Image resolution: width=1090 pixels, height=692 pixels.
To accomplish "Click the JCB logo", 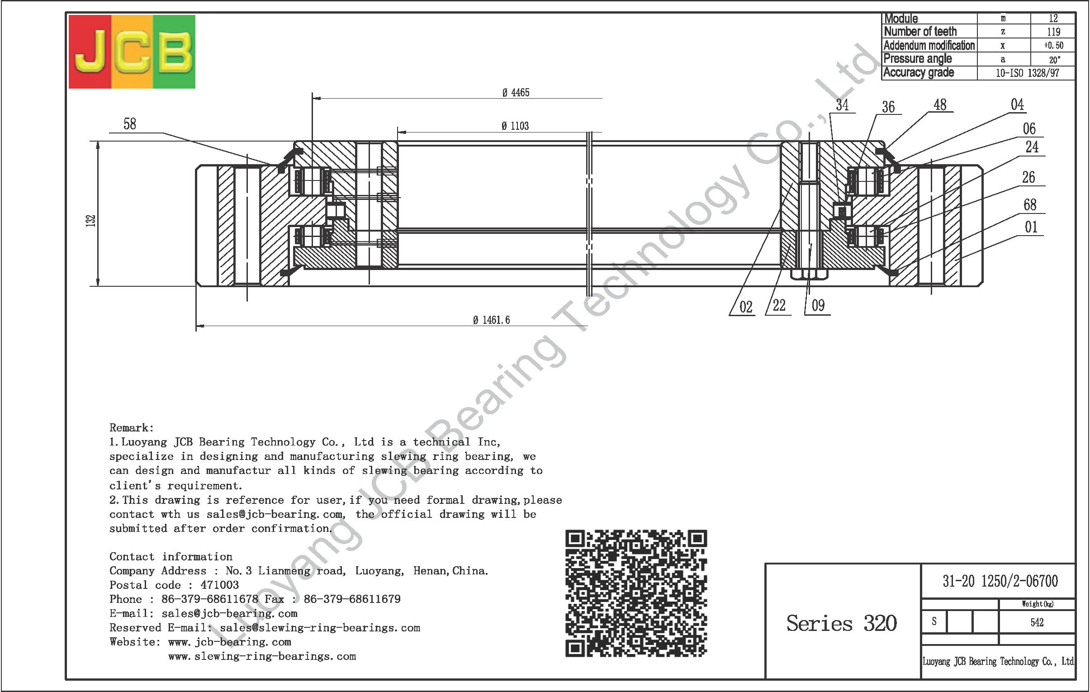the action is click(132, 52).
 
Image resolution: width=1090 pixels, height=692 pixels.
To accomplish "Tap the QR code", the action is click(636, 593).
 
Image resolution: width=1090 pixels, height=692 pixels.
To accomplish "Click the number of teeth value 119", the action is click(1053, 32).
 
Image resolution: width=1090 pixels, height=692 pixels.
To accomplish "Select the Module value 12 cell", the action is click(1053, 19).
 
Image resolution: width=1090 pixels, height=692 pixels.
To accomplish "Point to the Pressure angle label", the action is click(918, 59).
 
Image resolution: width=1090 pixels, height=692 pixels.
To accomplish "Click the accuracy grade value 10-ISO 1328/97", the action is click(1027, 73).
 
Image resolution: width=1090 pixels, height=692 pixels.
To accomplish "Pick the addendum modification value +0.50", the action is click(1053, 45).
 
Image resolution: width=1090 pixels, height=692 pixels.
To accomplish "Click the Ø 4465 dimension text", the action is click(516, 93).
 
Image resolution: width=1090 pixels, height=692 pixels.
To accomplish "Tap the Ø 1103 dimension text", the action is click(515, 126).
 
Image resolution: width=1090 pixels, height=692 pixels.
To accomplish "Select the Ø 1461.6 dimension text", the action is click(491, 320).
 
